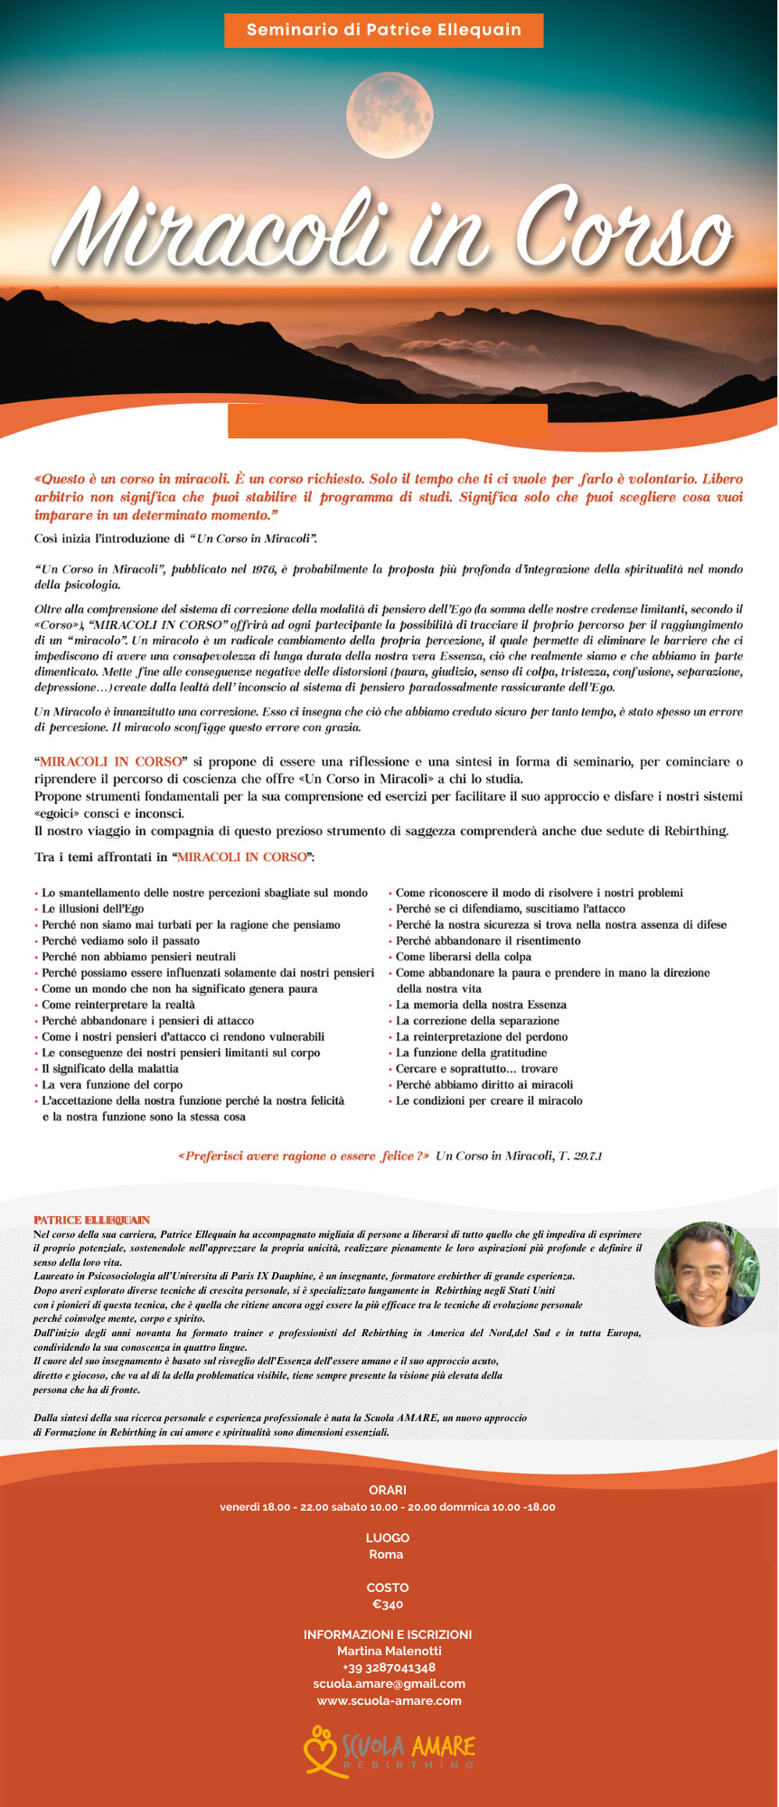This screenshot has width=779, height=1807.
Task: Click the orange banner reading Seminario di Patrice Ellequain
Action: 383,30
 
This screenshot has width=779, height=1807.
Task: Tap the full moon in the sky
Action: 389,116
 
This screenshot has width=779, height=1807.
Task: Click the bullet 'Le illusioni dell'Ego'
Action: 92,909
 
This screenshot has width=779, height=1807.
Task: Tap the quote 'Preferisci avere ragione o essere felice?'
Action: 304,1156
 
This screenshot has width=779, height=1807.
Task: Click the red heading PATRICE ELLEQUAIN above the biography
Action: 92,1220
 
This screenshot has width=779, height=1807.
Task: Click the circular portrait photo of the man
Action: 707,1274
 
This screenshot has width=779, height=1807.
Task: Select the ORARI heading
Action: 388,1490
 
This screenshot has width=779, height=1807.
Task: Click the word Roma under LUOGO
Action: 387,1554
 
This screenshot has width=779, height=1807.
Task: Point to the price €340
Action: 388,1605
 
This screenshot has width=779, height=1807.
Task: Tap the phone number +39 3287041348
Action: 389,1667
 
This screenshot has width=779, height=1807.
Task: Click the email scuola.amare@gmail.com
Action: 389,1683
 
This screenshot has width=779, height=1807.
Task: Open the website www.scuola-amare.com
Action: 389,1700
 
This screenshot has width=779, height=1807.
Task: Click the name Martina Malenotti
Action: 389,1651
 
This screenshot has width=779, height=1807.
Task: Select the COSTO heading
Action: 388,1587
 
